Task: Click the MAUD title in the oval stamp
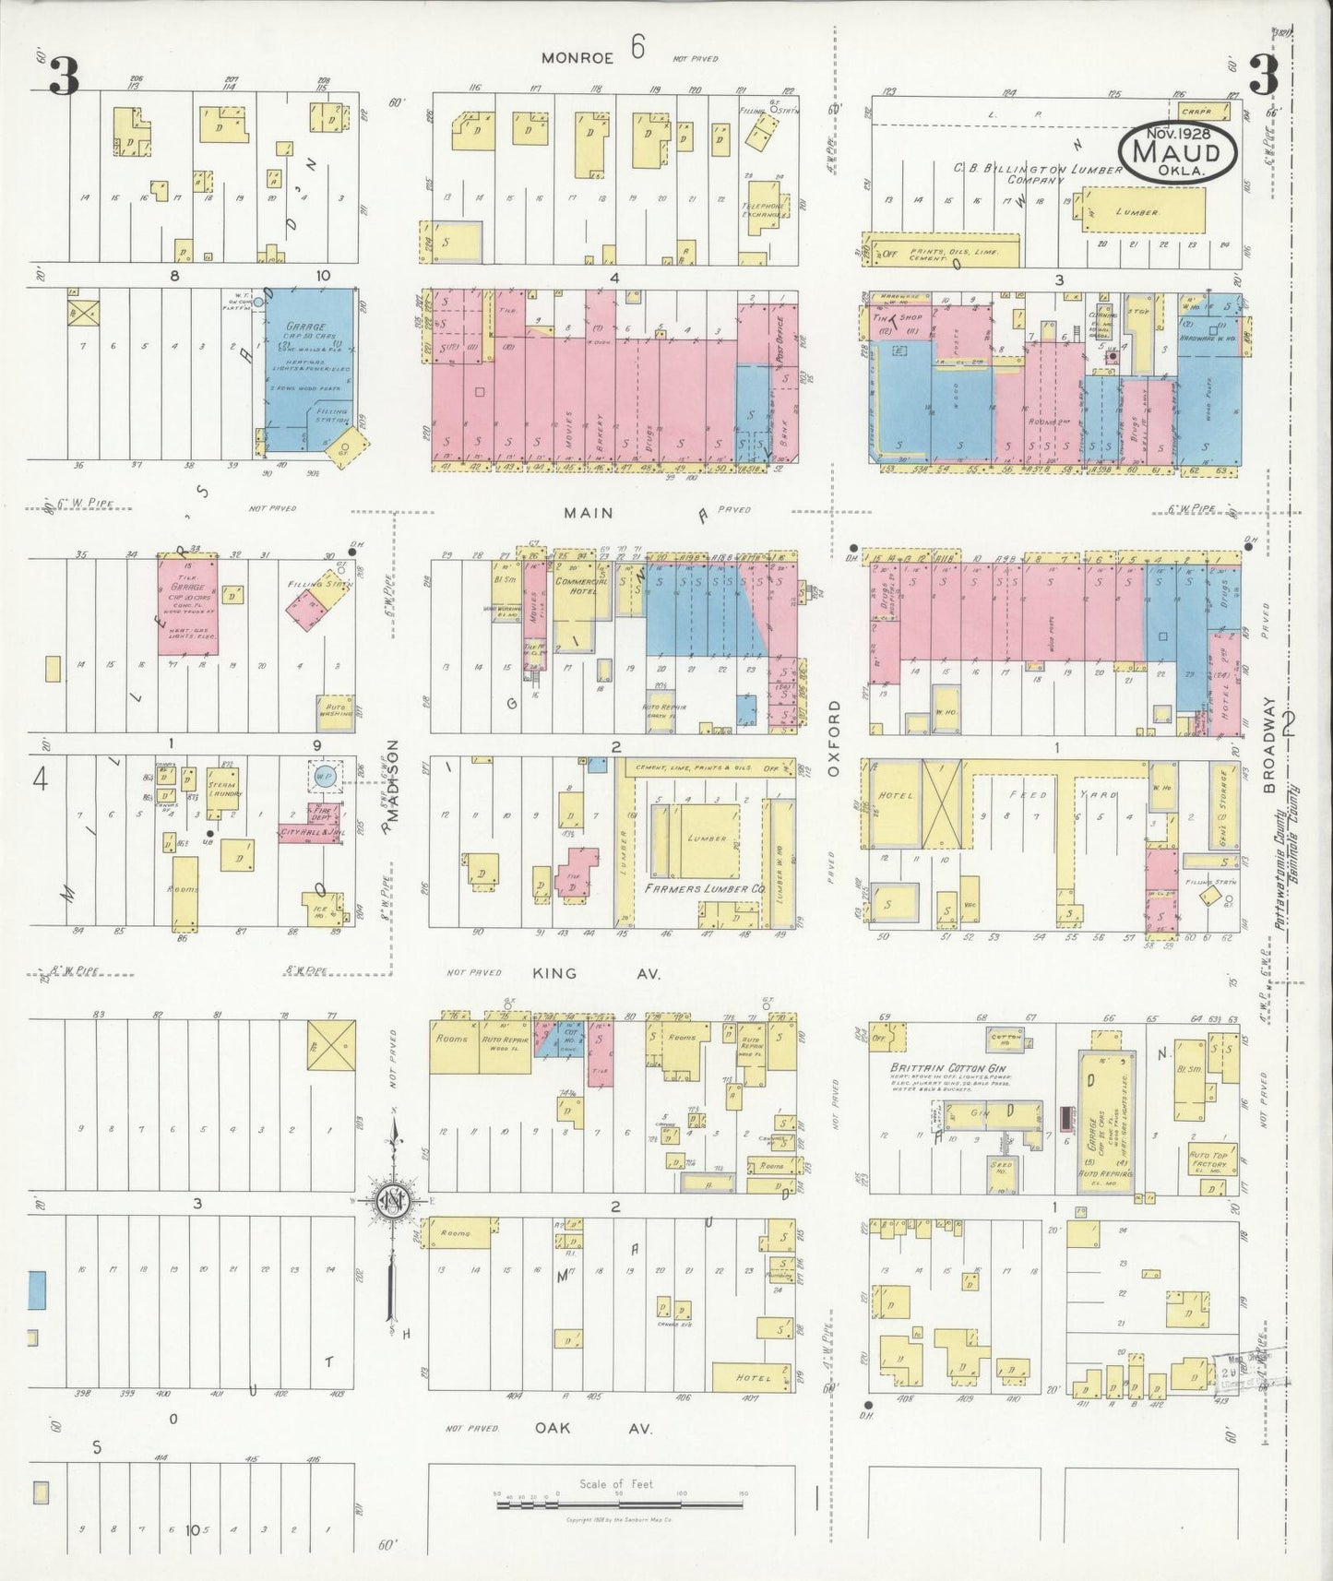click(1178, 150)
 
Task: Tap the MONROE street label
click(577, 57)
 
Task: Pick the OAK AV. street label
click(592, 1428)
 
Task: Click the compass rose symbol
click(394, 1200)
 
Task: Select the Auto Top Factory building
click(1208, 1159)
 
